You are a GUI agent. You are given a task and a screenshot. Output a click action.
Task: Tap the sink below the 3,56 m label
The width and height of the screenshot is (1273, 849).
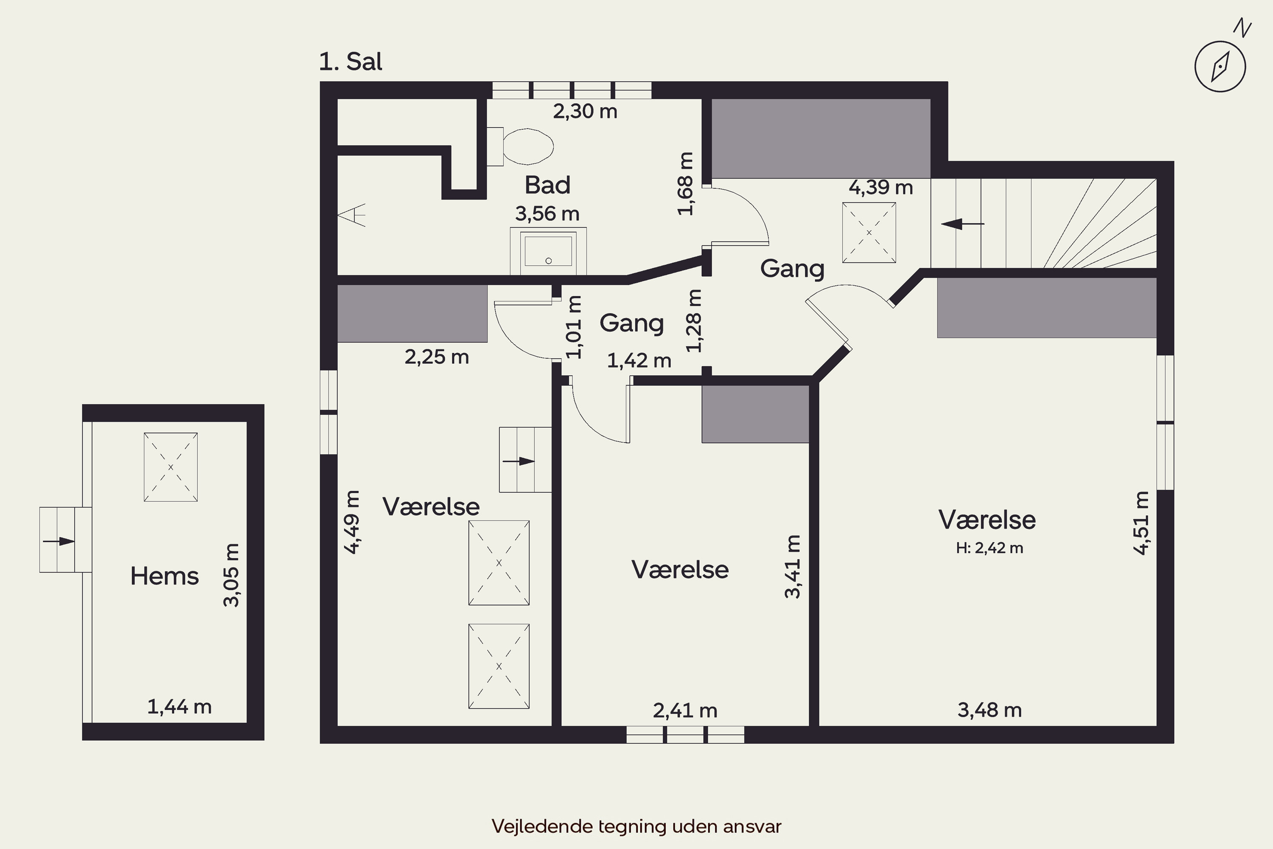548,251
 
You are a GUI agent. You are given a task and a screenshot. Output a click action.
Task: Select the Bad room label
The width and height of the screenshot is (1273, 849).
547,185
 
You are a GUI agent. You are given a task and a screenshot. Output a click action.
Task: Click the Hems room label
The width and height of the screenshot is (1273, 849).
165,576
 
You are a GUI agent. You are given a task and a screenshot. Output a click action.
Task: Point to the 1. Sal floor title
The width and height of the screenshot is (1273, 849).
351,62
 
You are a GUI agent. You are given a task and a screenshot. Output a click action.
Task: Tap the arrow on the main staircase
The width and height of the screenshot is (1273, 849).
962,224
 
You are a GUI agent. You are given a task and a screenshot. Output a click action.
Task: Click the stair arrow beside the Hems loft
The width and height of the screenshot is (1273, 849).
59,541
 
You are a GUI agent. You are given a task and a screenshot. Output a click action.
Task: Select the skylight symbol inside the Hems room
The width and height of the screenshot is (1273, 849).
171,467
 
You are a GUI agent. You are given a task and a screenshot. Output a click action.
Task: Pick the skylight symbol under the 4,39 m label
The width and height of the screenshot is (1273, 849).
869,233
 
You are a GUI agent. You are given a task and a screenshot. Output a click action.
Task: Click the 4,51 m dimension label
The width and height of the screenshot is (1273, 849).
1141,523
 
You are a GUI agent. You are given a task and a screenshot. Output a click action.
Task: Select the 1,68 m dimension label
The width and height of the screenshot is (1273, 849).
685,183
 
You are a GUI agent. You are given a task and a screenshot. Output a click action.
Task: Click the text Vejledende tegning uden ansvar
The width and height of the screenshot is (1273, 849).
636,826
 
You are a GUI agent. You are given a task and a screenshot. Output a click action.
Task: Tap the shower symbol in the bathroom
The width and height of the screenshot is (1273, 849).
352,215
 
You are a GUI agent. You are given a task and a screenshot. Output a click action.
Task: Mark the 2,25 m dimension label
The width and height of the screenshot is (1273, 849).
436,357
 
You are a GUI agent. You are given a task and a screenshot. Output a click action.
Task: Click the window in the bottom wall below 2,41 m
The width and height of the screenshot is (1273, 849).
685,735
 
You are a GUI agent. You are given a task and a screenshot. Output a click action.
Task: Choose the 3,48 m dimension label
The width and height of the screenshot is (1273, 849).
990,710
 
